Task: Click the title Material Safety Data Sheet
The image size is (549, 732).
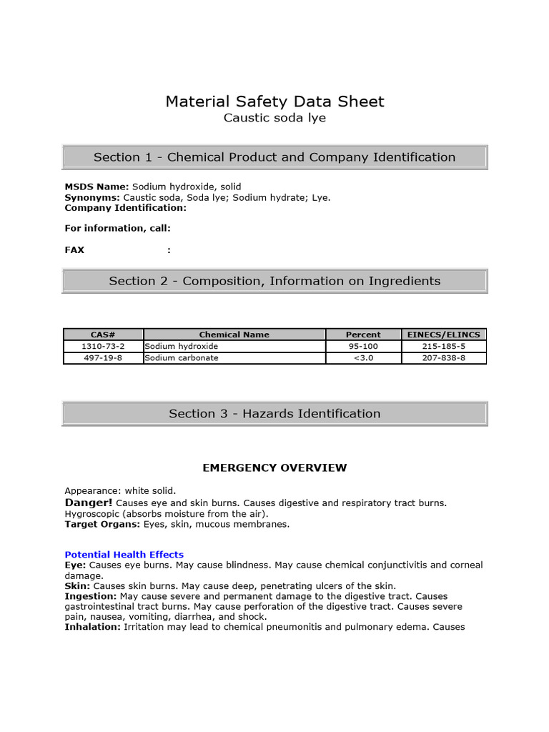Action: coord(274,102)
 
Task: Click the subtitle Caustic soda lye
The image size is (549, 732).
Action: coord(274,118)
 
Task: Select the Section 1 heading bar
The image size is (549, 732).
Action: coord(274,157)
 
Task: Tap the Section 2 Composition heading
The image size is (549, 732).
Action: coord(274,281)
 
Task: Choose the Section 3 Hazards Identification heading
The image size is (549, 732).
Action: coord(274,413)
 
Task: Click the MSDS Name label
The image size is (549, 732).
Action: coord(97,187)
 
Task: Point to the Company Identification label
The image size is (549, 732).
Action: coord(125,208)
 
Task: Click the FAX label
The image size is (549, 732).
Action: coord(74,250)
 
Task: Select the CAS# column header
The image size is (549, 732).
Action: coord(103,335)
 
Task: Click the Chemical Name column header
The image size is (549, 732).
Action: coord(234,335)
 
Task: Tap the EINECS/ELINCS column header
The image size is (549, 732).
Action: coord(443,335)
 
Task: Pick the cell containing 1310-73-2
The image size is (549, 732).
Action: coord(103,346)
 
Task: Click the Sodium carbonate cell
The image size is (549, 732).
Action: coord(182,358)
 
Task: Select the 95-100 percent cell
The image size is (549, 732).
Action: coord(363,346)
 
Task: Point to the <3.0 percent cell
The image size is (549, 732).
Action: coord(363,358)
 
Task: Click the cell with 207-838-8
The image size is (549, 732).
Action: coord(443,358)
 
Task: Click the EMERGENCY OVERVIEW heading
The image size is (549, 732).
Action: coord(274,468)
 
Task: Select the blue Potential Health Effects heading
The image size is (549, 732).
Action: coord(124,555)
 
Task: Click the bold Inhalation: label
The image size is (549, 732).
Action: coord(93,627)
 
